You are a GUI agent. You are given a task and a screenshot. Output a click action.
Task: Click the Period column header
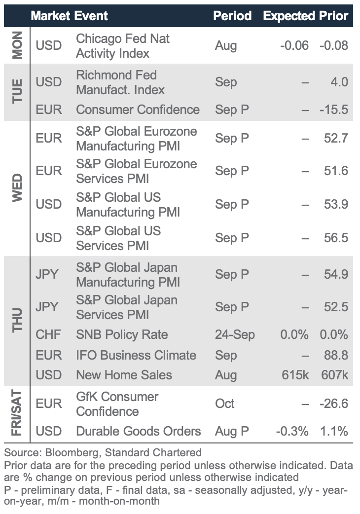(232, 16)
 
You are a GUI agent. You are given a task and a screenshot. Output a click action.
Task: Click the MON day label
(17, 45)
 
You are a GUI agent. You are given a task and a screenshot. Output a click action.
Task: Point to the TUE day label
(17, 91)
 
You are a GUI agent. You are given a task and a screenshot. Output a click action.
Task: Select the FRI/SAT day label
(17, 412)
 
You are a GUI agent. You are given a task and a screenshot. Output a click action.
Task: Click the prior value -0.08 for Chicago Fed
(334, 45)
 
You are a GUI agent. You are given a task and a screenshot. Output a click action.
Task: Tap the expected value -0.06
(294, 45)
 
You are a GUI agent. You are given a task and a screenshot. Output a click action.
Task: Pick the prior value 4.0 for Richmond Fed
(339, 81)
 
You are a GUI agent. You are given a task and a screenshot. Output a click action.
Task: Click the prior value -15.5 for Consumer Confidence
(334, 110)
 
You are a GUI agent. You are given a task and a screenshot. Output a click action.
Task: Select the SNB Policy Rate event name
(122, 334)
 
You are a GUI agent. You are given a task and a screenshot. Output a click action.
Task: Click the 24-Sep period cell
(235, 334)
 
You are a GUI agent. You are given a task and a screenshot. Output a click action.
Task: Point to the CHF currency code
(48, 334)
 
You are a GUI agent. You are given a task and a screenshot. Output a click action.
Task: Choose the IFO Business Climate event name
(136, 355)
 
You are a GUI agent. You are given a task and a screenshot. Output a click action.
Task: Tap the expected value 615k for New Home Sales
(295, 375)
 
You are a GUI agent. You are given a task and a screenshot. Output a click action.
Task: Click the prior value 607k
(334, 375)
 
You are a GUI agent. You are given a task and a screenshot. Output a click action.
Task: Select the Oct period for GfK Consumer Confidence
(225, 404)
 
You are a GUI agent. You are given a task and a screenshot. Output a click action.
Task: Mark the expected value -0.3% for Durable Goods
(292, 432)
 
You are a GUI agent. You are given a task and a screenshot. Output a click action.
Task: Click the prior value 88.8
(336, 355)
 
